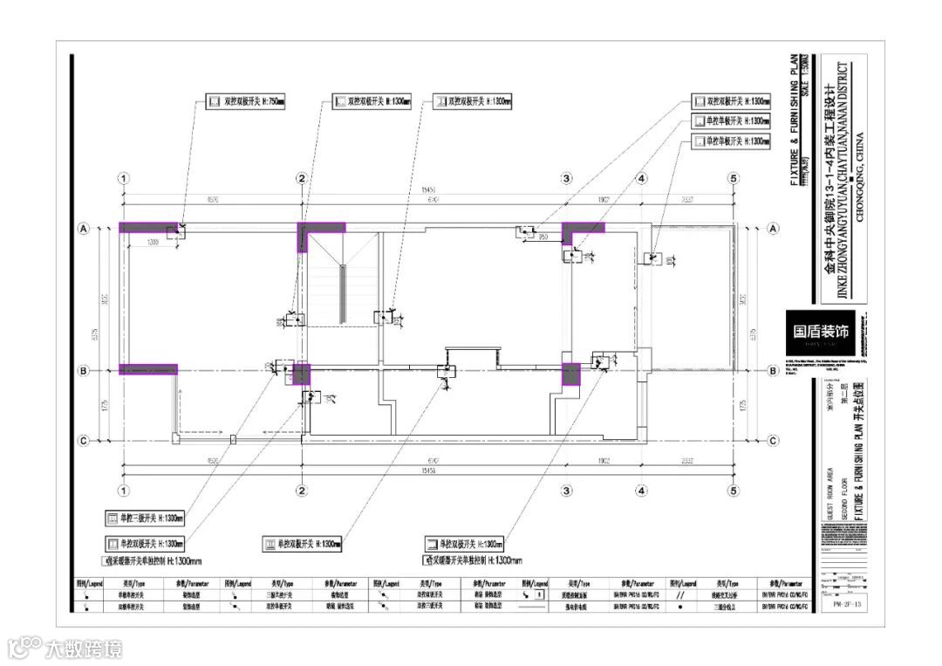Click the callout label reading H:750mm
click(x=249, y=102)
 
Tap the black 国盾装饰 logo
click(x=820, y=332)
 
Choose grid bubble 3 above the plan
click(x=566, y=178)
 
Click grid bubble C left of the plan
click(x=84, y=441)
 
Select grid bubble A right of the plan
click(x=773, y=229)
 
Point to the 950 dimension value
click(x=543, y=237)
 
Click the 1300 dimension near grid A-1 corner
click(x=154, y=242)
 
